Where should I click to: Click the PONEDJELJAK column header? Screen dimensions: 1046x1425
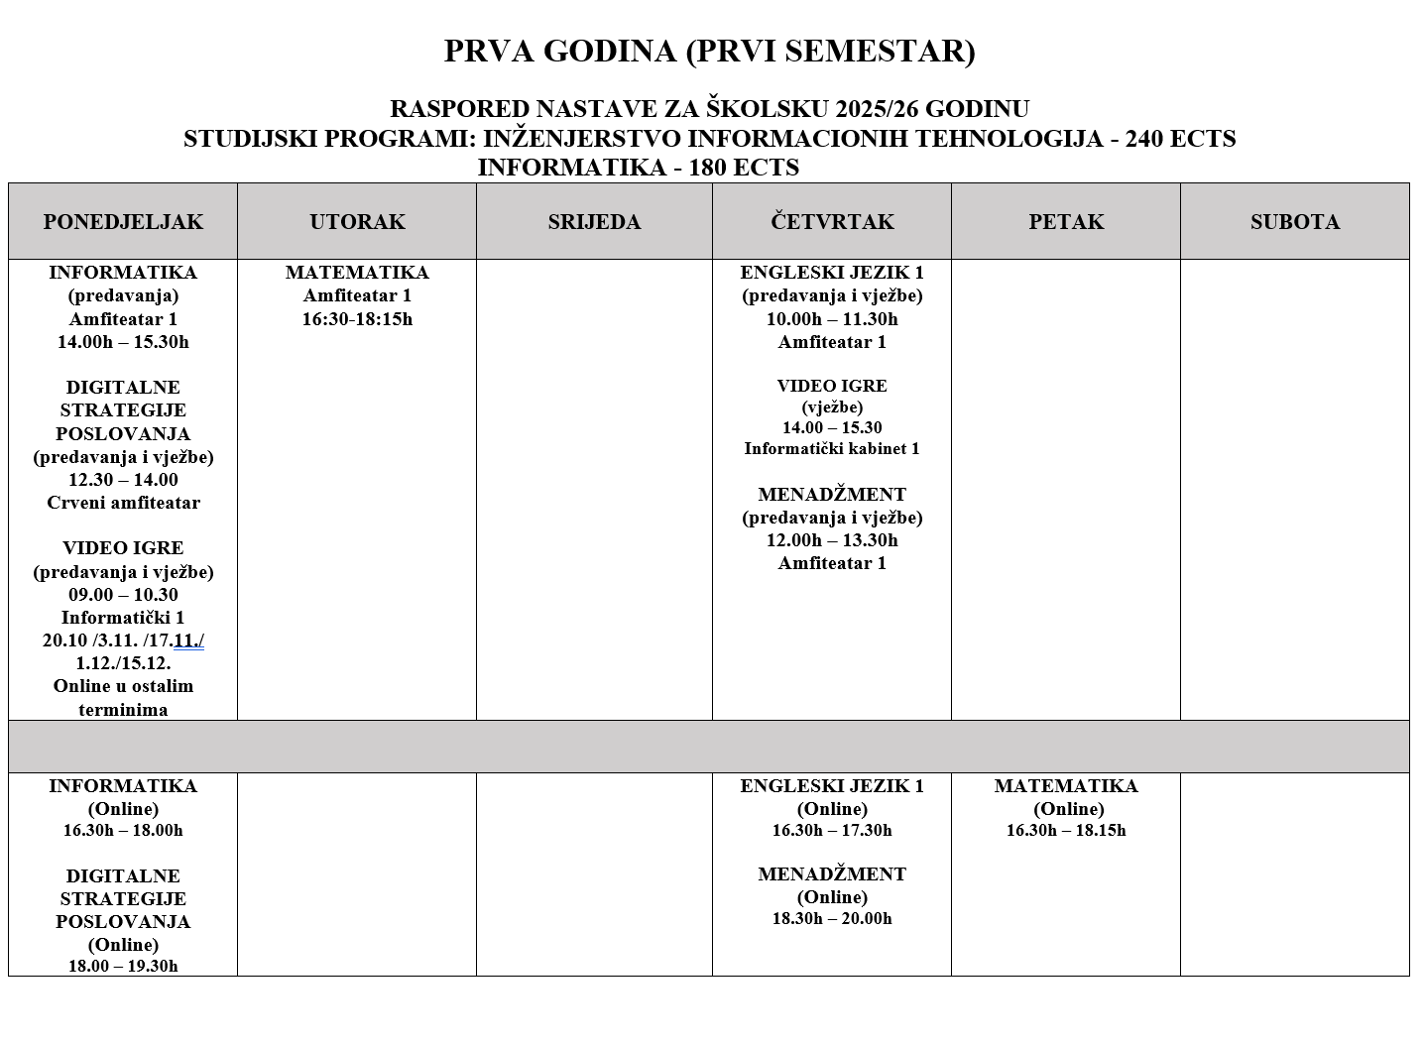pos(123,221)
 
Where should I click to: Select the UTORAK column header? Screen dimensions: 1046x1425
pos(357,221)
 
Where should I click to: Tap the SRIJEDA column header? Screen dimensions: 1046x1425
pos(594,221)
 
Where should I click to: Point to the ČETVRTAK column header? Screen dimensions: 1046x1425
pos(832,221)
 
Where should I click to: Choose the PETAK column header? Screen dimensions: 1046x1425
pos(1066,221)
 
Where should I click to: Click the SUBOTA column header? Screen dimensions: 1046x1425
pos(1294,221)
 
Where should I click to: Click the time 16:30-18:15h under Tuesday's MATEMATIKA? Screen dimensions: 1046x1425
pos(357,319)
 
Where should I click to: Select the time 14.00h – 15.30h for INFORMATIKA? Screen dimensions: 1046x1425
pos(123,342)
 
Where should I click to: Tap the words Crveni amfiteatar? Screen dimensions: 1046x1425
pos(123,503)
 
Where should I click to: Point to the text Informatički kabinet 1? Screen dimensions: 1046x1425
pos(832,449)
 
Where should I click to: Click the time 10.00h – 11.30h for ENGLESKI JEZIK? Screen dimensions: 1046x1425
pos(832,319)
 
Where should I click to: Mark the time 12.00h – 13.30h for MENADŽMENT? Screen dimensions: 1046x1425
pos(832,540)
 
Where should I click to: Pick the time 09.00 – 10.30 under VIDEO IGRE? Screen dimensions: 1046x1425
pos(123,595)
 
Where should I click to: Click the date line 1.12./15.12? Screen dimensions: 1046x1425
pos(123,663)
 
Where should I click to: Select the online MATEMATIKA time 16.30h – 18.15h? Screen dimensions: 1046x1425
pos(1066,831)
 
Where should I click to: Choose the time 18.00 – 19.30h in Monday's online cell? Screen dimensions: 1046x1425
pos(123,966)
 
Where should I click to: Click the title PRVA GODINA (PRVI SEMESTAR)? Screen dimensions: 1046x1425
pos(709,51)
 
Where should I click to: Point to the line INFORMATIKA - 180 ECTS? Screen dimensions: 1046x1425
pos(638,168)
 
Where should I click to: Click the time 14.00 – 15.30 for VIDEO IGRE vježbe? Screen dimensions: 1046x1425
pos(832,428)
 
